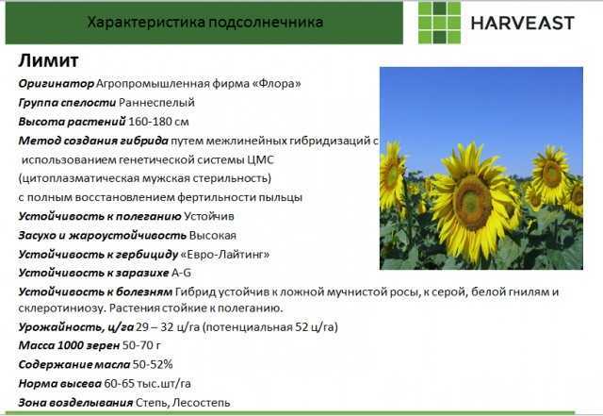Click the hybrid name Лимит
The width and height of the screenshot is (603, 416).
(48, 60)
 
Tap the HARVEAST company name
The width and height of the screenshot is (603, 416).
(523, 23)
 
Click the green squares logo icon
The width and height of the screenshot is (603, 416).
(439, 23)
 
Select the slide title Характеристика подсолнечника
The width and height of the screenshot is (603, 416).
(205, 22)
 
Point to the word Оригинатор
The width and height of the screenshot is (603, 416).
(57, 84)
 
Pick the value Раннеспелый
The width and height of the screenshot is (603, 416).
(156, 103)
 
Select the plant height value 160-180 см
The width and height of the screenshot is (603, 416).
(158, 122)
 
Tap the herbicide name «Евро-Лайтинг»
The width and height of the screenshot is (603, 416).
(225, 255)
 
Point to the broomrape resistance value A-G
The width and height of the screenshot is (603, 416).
(181, 274)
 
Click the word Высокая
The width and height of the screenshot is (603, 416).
(213, 235)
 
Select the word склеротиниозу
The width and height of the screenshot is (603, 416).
(62, 308)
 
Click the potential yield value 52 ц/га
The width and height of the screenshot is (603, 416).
(315, 327)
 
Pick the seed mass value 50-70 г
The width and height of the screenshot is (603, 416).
(141, 345)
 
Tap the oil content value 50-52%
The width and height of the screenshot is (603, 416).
(153, 364)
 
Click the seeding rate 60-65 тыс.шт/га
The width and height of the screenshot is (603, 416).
(147, 384)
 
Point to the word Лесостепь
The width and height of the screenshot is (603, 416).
(201, 403)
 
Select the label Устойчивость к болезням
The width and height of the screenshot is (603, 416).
(95, 292)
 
